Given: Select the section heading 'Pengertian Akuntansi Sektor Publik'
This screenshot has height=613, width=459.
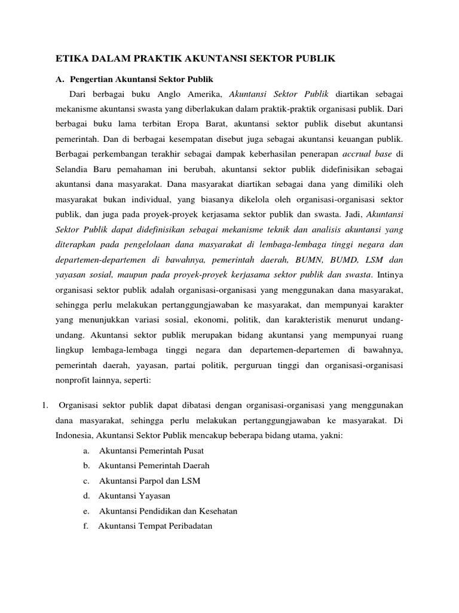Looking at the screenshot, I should tap(142, 79).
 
